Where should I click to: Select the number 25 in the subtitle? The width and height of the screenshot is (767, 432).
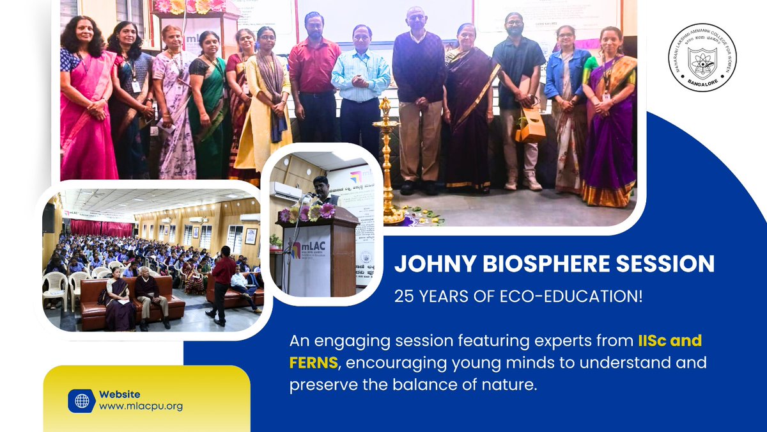tap(404, 296)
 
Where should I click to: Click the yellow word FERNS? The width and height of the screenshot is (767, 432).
tap(313, 363)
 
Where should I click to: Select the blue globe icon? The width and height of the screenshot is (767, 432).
tap(82, 401)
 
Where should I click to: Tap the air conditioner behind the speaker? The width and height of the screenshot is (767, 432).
tap(286, 191)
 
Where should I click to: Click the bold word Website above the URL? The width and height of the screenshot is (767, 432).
tap(120, 394)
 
